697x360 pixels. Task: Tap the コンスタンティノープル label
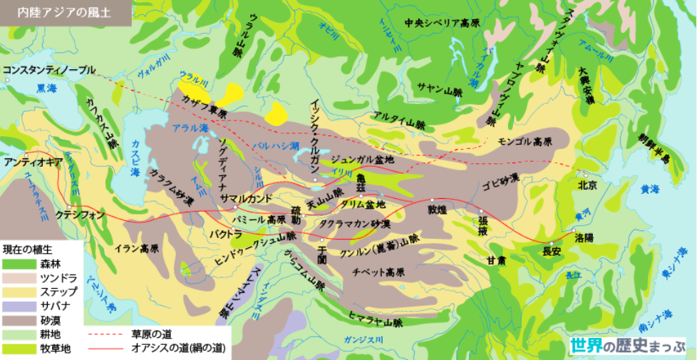click(x=48, y=70)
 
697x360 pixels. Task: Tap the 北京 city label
click(x=588, y=185)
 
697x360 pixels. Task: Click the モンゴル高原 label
click(x=525, y=140)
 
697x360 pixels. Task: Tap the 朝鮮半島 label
click(x=651, y=148)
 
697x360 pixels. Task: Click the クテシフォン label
click(x=81, y=214)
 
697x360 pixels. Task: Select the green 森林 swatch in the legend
click(x=15, y=264)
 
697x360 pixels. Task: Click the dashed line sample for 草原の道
click(x=106, y=334)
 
